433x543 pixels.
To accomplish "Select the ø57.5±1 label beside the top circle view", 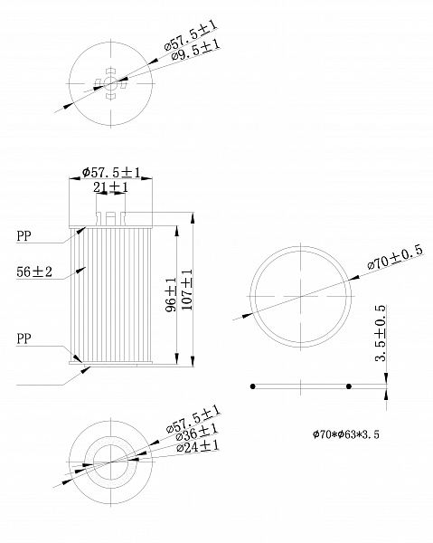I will tap(192, 33).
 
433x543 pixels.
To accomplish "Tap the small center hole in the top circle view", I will tap(110, 82).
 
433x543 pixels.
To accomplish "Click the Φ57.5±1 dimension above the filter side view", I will tap(110, 172).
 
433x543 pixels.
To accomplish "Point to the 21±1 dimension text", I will tap(110, 187).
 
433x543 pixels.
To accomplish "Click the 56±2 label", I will tap(34, 271).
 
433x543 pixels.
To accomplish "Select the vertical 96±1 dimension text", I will tap(170, 295).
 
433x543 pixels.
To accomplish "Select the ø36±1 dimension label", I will tap(195, 433).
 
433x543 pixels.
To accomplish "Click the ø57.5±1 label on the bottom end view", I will tap(193, 418).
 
